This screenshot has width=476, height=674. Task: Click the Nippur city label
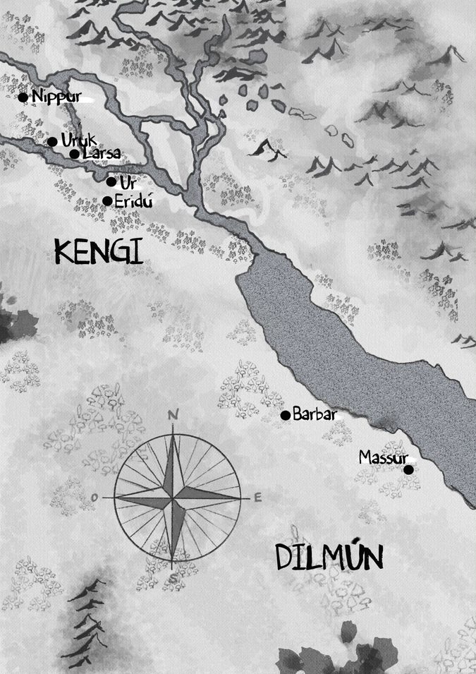(53, 97)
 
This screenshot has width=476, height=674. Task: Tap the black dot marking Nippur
(23, 97)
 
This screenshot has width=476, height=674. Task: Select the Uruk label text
(79, 140)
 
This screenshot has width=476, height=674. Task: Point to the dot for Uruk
(52, 142)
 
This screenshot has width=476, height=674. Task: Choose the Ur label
(128, 183)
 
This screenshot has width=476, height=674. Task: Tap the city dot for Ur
(111, 181)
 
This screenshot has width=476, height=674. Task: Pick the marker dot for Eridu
(107, 201)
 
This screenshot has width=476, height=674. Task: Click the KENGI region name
(98, 251)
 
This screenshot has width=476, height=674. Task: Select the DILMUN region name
(329, 557)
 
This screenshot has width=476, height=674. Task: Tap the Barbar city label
(314, 414)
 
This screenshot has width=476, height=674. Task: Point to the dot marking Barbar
(286, 415)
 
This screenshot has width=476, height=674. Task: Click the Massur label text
(384, 457)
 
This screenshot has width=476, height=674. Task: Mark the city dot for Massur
(408, 469)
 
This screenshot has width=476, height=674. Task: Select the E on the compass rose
(257, 498)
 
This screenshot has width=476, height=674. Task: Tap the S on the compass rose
(172, 579)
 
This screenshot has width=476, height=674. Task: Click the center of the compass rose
(173, 498)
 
